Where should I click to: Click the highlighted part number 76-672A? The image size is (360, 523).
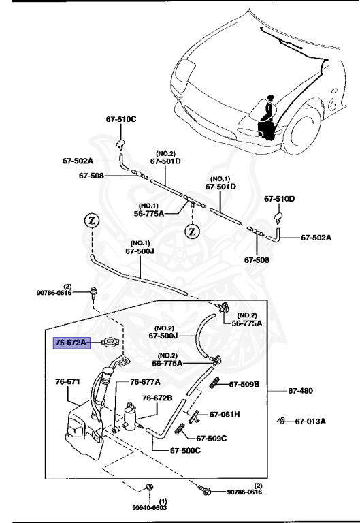[71, 343]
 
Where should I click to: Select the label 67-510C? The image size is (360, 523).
[121, 120]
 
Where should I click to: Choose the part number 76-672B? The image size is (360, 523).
[157, 398]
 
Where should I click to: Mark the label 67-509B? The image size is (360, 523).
[244, 385]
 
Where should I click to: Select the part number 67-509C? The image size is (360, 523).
[212, 439]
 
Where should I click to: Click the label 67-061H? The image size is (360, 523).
[225, 414]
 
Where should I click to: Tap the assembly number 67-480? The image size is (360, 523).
[300, 391]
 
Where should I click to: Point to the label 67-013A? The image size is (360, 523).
[310, 421]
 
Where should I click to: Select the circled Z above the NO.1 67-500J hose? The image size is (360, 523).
[92, 221]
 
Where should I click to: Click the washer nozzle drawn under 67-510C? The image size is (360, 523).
[120, 142]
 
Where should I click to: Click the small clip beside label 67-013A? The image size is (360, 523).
[280, 420]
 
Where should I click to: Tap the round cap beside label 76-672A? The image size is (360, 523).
[107, 343]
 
